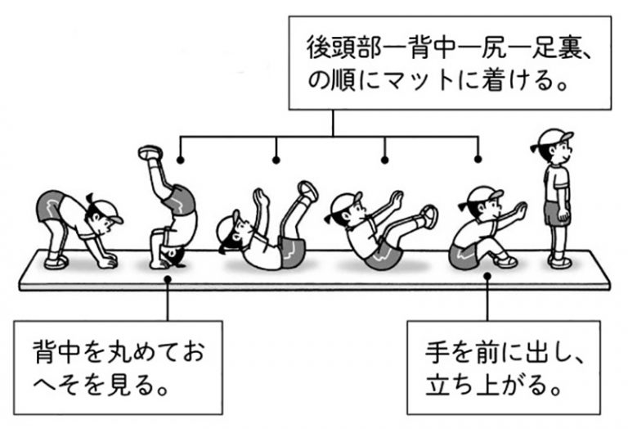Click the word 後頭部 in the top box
tap(341, 47)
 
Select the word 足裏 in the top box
tap(554, 47)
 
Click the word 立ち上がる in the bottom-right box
tap(484, 385)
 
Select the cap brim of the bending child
tap(116, 219)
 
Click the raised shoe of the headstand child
tap(150, 152)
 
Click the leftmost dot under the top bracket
tap(180, 160)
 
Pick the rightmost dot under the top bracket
tap(478, 159)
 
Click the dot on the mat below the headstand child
tap(168, 279)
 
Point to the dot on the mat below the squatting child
tap(487, 276)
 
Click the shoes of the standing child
tap(559, 261)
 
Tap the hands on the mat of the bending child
tap(108, 260)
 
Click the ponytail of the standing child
tap(535, 148)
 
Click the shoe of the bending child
tap(56, 262)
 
